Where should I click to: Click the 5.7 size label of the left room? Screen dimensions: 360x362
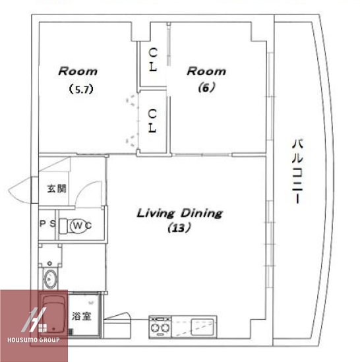81,89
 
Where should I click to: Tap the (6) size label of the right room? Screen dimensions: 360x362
206,88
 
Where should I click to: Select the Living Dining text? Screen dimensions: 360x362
179,213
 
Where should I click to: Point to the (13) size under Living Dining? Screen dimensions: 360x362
179,228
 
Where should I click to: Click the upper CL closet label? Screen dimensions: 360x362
153,59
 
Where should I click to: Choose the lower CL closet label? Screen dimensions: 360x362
152,121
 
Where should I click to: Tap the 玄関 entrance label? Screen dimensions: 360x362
57,189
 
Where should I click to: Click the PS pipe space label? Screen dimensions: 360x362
47,224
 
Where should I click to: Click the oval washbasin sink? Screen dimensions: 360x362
49,279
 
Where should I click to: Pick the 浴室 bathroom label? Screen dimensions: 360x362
82,316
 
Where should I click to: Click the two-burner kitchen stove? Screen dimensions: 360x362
160,327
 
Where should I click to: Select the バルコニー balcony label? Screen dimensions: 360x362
297,171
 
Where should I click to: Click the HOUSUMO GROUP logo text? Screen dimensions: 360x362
34,340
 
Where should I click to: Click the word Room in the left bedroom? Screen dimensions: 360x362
78,71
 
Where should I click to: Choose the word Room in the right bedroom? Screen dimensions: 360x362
206,71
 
